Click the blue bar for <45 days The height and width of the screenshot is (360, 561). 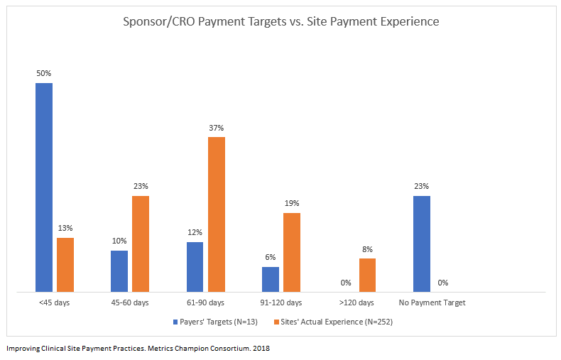(44, 187)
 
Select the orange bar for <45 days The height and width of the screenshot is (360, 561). (65, 265)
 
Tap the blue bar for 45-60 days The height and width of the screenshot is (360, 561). (119, 271)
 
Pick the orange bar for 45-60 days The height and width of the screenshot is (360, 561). (141, 244)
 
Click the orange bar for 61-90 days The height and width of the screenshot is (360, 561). (217, 214)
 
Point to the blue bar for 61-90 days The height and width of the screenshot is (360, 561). (195, 266)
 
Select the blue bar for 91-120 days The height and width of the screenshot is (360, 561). (271, 279)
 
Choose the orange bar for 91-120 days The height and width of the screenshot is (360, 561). (292, 252)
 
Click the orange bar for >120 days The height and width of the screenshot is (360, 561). (367, 275)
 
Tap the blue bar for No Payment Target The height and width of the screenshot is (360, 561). (422, 244)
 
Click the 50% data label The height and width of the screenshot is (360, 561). (44, 73)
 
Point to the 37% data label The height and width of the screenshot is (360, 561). (217, 128)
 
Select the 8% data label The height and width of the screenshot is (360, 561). (367, 249)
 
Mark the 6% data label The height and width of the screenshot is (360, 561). (271, 258)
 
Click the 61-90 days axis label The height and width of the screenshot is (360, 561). (206, 302)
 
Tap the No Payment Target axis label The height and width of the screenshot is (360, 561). (432, 302)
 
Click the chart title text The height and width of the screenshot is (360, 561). (281, 21)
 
